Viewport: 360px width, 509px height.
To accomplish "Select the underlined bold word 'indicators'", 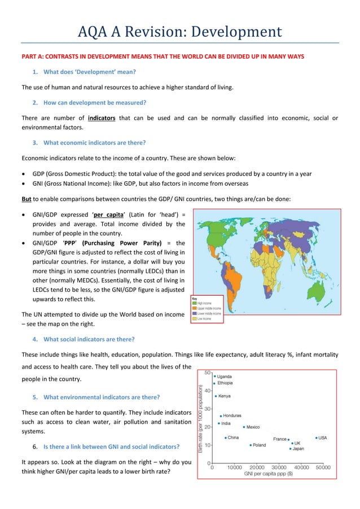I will coord(104,118).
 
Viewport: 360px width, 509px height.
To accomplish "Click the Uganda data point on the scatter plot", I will coord(215,376).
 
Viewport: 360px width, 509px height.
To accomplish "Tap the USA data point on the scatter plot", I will coord(317,437).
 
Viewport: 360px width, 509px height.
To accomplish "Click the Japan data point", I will coord(291,449).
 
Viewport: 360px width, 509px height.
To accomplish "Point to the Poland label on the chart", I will coord(259,445).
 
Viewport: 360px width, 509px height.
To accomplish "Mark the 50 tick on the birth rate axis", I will coord(207,373).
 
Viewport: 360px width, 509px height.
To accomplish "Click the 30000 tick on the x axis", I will coord(279,467).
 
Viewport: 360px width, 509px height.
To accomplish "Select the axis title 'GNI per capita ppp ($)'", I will coord(267,474).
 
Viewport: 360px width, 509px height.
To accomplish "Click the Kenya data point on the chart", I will coord(215,396).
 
